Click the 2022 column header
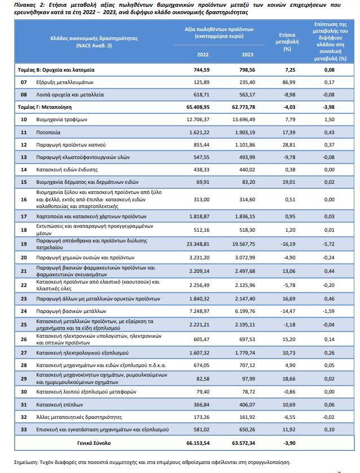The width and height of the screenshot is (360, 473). click(203, 55)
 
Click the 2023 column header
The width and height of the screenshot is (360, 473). click(247, 55)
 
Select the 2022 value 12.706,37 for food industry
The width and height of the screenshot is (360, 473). click(198, 120)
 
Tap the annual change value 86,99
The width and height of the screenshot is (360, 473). click(289, 82)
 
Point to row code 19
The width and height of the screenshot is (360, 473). click(24, 244)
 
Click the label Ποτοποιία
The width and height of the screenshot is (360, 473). click(48, 132)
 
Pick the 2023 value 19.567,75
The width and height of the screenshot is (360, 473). click(243, 244)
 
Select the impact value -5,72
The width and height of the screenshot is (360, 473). click(328, 244)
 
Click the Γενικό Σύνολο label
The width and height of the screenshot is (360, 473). click(94, 443)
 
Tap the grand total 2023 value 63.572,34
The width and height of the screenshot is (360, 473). click(243, 443)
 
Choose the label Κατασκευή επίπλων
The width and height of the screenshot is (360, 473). click(59, 405)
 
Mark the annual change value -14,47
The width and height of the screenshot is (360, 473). click(288, 311)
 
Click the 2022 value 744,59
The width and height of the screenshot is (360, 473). click(201, 70)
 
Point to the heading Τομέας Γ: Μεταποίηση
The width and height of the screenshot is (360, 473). click(45, 107)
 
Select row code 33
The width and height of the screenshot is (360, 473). click(24, 430)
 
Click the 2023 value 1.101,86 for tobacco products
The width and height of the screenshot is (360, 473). click(245, 145)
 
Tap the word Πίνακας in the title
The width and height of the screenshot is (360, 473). click(25, 5)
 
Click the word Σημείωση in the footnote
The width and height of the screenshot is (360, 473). click(26, 462)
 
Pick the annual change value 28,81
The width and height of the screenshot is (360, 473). click(289, 145)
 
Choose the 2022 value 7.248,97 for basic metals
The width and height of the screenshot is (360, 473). click(199, 311)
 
